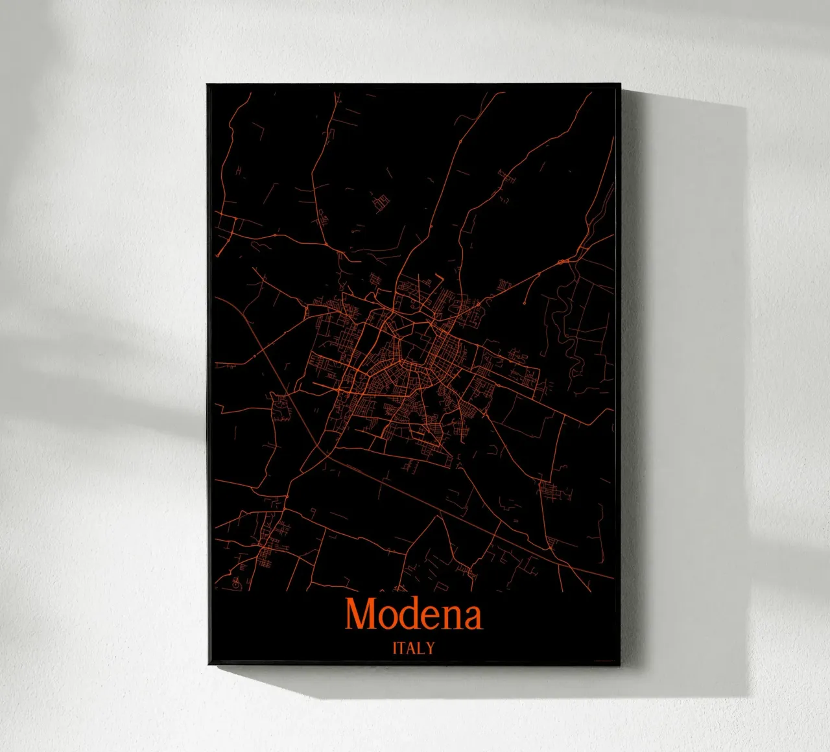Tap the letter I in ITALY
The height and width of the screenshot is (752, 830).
pyautogui.click(x=395, y=648)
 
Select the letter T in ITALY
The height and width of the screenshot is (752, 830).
pyautogui.click(x=402, y=648)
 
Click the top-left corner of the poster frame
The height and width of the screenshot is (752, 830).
pyautogui.click(x=207, y=85)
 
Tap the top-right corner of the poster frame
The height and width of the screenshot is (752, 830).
pyautogui.click(x=621, y=85)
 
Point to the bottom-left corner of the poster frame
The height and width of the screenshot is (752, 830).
pyautogui.click(x=208, y=664)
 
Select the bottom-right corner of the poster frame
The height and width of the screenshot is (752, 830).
pyautogui.click(x=620, y=664)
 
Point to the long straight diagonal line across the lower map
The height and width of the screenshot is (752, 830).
pyautogui.click(x=454, y=511)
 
